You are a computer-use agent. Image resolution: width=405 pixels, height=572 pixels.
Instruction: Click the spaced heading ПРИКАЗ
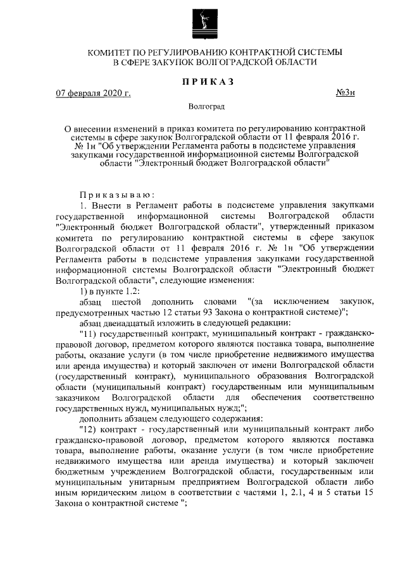point(202,81)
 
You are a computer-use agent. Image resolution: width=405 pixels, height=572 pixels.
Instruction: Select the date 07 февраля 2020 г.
point(93,94)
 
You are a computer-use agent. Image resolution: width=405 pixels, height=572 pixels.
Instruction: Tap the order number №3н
point(346,94)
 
